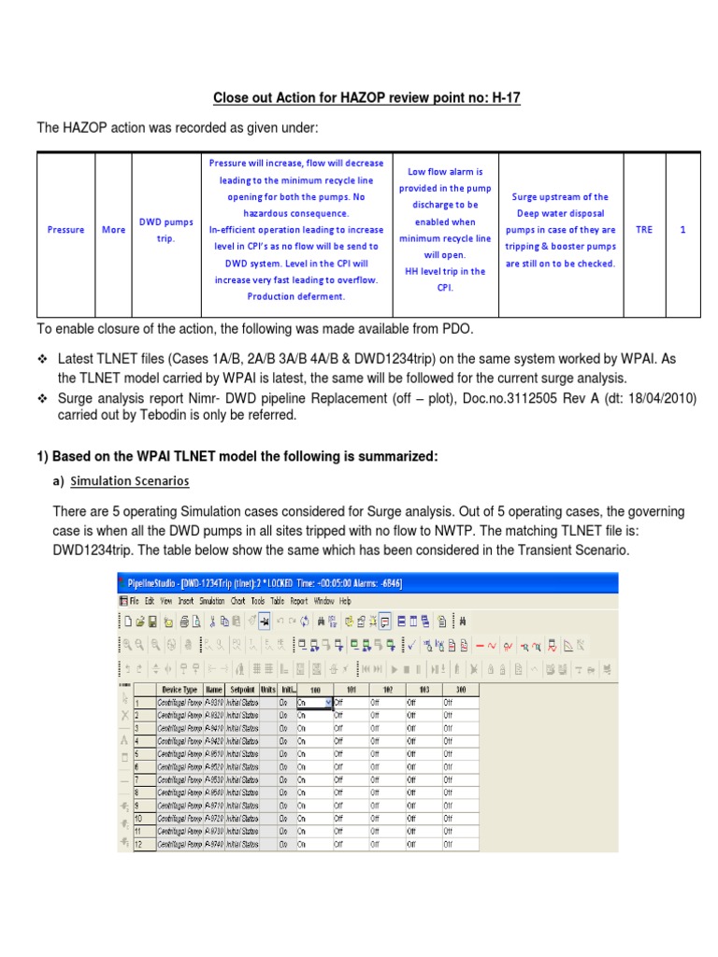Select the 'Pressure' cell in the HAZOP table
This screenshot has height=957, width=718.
[65, 230]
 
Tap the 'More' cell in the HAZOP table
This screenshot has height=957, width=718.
[113, 230]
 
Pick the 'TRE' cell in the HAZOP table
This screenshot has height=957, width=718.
[644, 229]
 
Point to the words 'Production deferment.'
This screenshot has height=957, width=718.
[295, 296]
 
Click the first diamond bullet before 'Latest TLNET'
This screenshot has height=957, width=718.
[41, 359]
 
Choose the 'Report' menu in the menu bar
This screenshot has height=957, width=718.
[298, 601]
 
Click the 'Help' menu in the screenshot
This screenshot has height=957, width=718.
[345, 601]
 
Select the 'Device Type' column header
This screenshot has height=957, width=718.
[177, 689]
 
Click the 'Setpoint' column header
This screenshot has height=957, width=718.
[241, 689]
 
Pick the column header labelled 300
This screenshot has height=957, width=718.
[459, 689]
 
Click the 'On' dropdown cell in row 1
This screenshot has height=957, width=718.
[313, 702]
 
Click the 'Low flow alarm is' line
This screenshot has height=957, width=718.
[445, 173]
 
